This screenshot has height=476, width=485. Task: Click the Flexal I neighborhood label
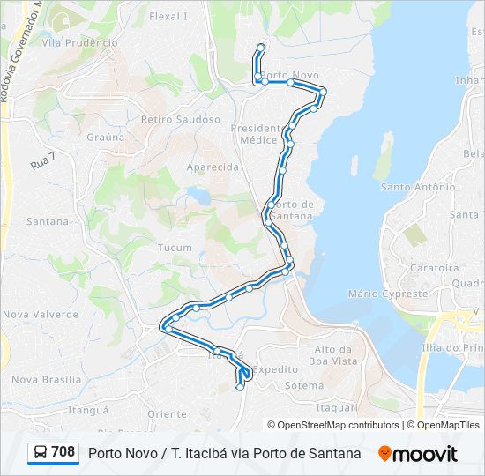click(x=168, y=16)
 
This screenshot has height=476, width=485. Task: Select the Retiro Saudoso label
click(x=180, y=119)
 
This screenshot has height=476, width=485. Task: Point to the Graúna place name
click(x=105, y=137)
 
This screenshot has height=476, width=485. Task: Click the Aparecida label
click(x=213, y=167)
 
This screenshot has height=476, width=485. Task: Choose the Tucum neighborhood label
click(x=175, y=248)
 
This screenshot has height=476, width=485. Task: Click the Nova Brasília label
click(x=47, y=380)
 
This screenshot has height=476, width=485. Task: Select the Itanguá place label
click(x=87, y=410)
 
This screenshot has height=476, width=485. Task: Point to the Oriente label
click(x=167, y=413)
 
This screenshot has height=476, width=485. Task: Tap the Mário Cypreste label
click(x=388, y=294)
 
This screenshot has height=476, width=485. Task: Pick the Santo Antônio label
click(x=418, y=187)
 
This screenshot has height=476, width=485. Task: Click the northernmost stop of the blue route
click(x=260, y=47)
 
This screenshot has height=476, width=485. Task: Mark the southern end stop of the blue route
click(x=240, y=386)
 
